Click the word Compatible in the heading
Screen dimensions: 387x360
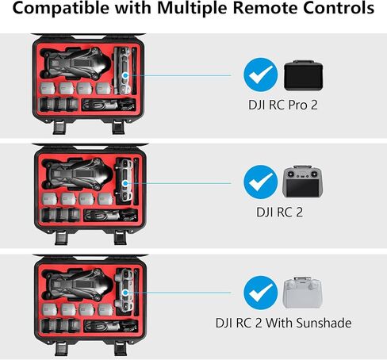click(x=60, y=9)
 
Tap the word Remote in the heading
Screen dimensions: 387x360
click(x=266, y=8)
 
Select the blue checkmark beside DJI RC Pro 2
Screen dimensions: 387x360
click(x=261, y=75)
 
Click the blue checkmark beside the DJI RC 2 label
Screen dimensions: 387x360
click(x=261, y=182)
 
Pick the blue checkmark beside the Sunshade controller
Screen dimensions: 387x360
click(x=261, y=293)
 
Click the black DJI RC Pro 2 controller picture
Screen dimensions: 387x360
click(x=303, y=75)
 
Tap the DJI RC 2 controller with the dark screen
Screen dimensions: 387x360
click(x=303, y=182)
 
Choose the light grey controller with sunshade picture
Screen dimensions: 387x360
click(x=302, y=293)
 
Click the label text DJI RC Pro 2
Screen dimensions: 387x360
click(x=283, y=105)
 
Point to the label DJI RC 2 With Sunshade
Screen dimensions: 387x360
click(x=283, y=323)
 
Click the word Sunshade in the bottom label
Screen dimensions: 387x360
click(x=324, y=323)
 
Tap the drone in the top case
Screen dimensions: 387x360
click(x=75, y=63)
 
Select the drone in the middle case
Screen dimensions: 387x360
click(x=77, y=174)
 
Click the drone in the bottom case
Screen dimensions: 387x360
click(x=77, y=285)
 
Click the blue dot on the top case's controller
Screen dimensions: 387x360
click(x=125, y=75)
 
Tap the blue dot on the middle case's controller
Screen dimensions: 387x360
click(x=125, y=183)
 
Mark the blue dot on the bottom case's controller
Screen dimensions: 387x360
click(x=125, y=293)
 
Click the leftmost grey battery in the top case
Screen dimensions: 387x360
click(x=48, y=88)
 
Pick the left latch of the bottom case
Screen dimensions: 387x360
click(x=61, y=349)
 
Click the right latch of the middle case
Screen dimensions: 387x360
click(x=121, y=238)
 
